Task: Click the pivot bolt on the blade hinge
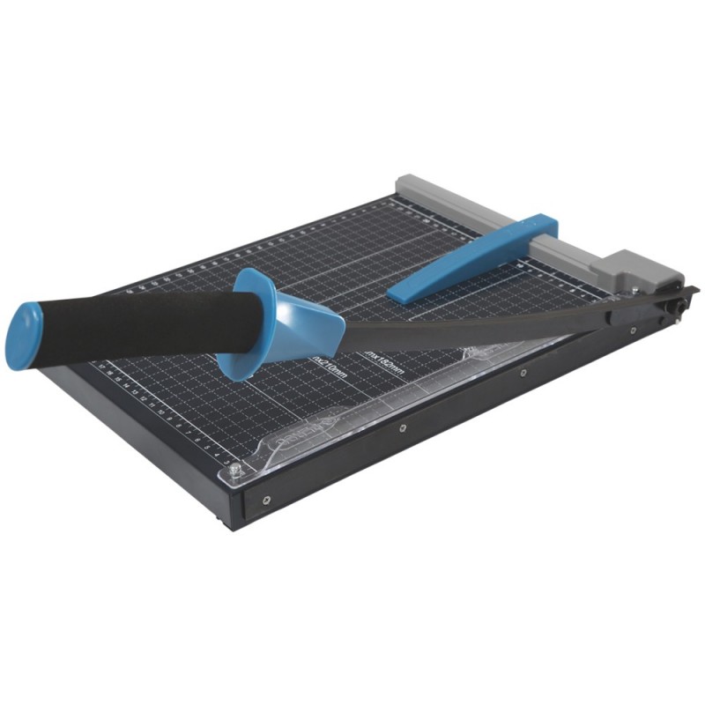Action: (x=677, y=306)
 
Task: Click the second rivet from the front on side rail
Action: (x=403, y=428)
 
